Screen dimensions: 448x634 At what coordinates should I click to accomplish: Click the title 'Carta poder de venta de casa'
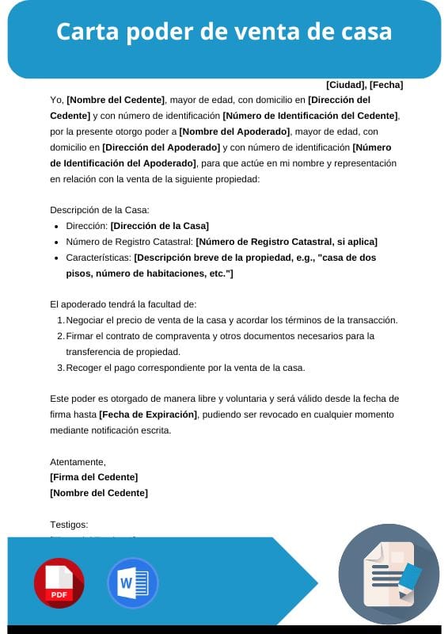click(x=224, y=32)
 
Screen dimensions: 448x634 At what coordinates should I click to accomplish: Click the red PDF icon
click(x=59, y=583)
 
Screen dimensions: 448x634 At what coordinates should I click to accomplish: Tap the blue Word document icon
click(x=132, y=583)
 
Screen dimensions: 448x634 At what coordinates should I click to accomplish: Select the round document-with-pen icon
click(x=389, y=574)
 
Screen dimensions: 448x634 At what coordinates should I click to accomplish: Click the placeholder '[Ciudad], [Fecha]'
click(x=364, y=85)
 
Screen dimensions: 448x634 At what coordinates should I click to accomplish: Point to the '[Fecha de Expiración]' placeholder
click(x=149, y=414)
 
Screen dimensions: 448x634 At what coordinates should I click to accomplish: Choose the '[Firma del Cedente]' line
click(x=93, y=476)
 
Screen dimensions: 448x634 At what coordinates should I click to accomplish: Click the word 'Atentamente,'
click(x=78, y=461)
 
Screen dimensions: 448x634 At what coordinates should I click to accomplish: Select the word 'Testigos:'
click(x=69, y=524)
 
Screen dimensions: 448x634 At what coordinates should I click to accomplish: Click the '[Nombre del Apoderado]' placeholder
click(x=234, y=132)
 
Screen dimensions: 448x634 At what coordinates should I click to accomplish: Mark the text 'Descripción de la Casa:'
click(x=99, y=210)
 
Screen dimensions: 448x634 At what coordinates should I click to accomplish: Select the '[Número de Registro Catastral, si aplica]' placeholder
click(x=287, y=242)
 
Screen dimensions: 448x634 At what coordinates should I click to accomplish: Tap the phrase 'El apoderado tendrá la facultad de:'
click(x=123, y=304)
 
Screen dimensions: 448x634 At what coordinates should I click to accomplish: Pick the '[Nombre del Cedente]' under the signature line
click(x=98, y=492)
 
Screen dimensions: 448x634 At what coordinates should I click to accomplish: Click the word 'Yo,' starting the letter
click(x=56, y=100)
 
